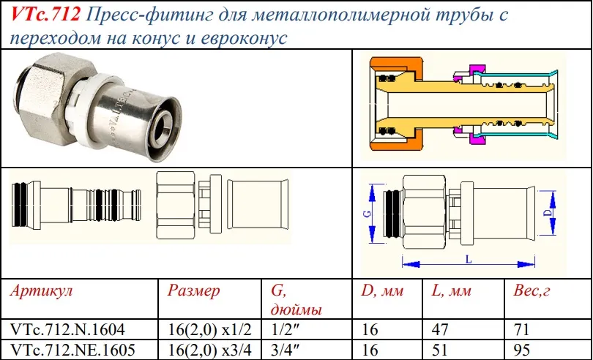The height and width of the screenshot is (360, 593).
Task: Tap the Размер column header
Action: [193, 291]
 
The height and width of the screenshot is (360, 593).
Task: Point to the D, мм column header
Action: [382, 291]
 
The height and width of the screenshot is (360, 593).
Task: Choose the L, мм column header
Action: [452, 291]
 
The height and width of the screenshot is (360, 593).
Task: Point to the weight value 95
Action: [522, 349]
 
